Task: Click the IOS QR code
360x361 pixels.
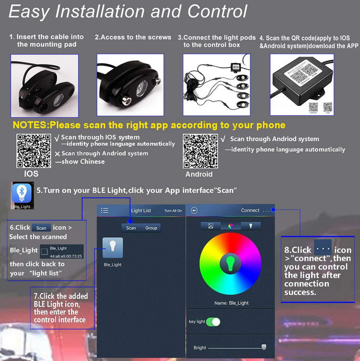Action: [33, 151]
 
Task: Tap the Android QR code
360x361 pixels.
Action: [200, 151]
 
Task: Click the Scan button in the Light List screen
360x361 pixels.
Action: [131, 228]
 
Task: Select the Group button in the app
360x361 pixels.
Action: [151, 228]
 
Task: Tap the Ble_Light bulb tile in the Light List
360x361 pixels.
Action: [113, 248]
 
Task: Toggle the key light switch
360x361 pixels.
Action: [213, 322]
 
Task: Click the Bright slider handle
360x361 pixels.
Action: [264, 347]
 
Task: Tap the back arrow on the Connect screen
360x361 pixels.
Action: [194, 210]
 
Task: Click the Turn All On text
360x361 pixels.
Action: [173, 211]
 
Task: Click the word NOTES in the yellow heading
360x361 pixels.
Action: [29, 125]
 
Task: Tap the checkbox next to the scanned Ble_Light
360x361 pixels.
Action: [45, 252]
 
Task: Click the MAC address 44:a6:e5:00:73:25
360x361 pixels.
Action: [66, 256]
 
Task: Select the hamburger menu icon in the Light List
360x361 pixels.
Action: [104, 210]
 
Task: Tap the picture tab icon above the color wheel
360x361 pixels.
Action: [210, 226]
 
